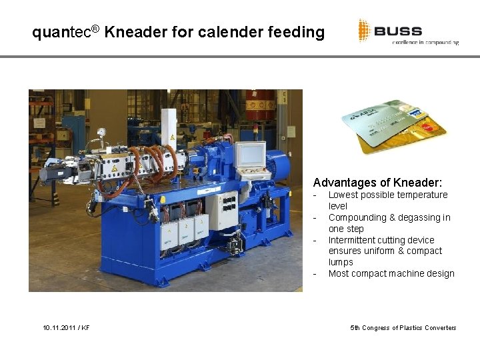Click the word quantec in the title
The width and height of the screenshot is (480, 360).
[61, 32]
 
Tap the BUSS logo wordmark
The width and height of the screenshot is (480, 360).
[397, 31]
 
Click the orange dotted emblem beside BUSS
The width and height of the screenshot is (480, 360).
[364, 31]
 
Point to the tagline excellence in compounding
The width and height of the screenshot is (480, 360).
[425, 43]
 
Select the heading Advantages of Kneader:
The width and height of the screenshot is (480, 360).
[377, 182]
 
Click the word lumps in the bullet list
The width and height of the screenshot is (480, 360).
[341, 262]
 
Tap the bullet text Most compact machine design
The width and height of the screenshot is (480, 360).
[391, 273]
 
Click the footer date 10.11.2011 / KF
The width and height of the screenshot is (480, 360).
[66, 328]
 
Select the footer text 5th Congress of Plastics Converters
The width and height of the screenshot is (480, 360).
[403, 328]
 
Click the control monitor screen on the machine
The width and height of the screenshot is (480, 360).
[251, 155]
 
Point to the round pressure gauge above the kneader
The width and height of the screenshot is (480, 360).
[101, 132]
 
